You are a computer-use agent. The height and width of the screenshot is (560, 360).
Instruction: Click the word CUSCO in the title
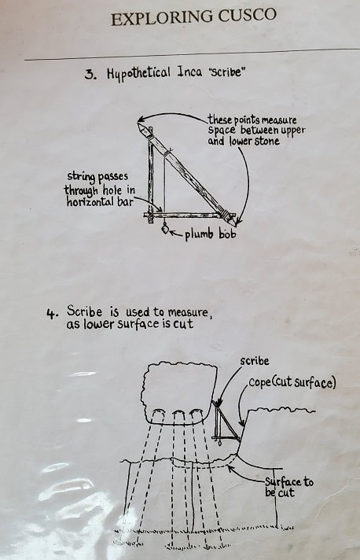[248, 16]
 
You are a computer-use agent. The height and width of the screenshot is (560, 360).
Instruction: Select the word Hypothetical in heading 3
[139, 74]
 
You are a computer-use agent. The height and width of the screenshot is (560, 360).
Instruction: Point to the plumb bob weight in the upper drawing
[165, 228]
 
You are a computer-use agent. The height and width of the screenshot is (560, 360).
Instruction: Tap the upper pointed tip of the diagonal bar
[138, 123]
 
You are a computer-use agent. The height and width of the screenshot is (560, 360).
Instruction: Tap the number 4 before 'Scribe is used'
[52, 314]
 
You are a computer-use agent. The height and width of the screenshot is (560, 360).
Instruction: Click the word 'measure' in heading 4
[188, 312]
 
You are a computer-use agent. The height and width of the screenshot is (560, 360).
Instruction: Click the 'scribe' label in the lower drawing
[255, 361]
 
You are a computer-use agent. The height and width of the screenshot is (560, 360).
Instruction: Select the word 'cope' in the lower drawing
[259, 382]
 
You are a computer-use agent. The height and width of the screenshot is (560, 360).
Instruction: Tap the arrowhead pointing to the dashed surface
[230, 467]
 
